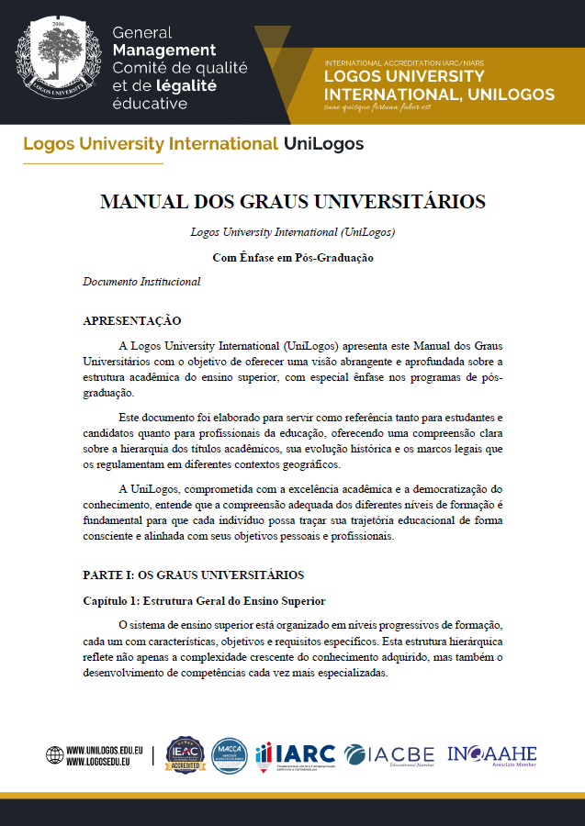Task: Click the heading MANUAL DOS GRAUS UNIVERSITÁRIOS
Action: click(292, 202)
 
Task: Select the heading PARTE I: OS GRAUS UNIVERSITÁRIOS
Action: click(193, 575)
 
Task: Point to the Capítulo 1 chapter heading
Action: click(203, 601)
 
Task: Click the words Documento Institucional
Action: click(141, 282)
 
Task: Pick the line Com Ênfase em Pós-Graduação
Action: click(292, 258)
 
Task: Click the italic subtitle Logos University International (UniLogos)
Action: click(292, 232)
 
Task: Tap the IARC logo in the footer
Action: click(296, 754)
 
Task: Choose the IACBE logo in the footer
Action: click(389, 754)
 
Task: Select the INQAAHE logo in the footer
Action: click(491, 754)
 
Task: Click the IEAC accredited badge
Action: click(184, 754)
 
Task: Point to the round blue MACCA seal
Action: click(230, 754)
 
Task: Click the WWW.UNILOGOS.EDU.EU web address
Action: click(101, 749)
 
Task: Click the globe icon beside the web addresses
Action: click(55, 755)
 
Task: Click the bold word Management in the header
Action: click(163, 50)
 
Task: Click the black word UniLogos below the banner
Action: click(323, 144)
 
